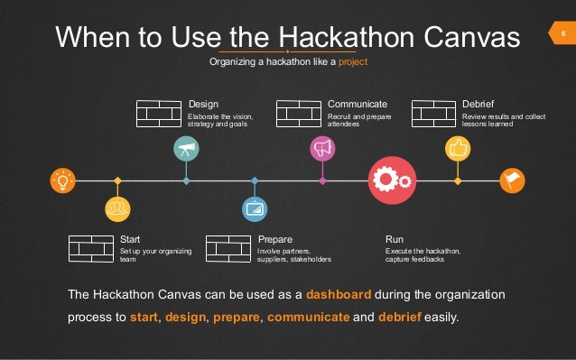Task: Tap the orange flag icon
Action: click(512, 180)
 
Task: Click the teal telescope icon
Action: click(186, 149)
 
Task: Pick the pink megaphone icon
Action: click(322, 148)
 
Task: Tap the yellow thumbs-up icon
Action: click(458, 148)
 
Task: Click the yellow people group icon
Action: click(116, 209)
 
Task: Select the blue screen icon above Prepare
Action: click(255, 209)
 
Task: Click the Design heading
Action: click(203, 104)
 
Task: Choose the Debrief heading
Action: click(478, 104)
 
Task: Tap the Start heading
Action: click(130, 239)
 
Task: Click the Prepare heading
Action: click(274, 239)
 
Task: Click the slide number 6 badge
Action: click(562, 35)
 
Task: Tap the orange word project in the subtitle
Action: click(353, 63)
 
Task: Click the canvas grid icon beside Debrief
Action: click(433, 114)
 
